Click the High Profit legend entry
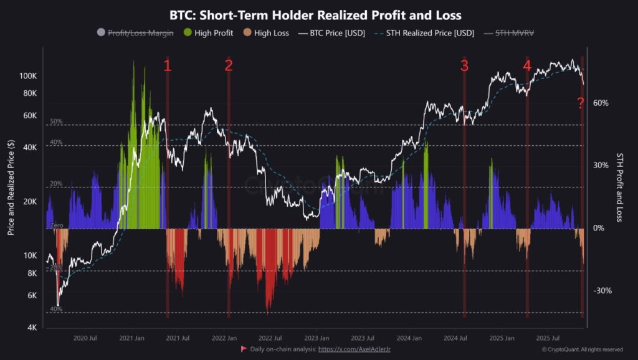click(208, 33)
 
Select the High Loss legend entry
click(266, 33)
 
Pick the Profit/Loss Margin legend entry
click(135, 33)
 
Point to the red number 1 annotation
click(167, 66)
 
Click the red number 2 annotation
click(229, 66)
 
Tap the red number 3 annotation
click(464, 66)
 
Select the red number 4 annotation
click(527, 66)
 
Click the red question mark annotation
click(580, 103)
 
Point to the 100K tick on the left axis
click(29, 76)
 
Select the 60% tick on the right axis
click(601, 103)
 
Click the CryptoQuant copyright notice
click(582, 350)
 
